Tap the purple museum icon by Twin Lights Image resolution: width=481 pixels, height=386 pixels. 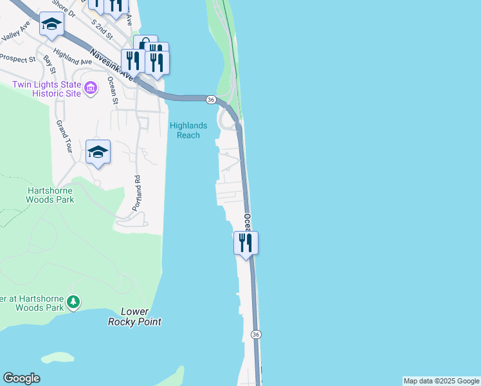pyautogui.click(x=91, y=87)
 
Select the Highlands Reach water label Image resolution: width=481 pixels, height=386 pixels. pyautogui.click(x=185, y=131)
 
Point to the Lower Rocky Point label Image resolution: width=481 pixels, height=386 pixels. pyautogui.click(x=134, y=317)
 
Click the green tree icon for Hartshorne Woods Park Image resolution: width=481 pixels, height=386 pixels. pyautogui.click(x=74, y=302)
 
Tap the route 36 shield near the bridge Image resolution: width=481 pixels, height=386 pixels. pyautogui.click(x=210, y=100)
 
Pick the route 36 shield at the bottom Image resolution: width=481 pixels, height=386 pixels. pyautogui.click(x=256, y=335)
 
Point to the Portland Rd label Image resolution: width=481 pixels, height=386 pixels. pyautogui.click(x=136, y=192)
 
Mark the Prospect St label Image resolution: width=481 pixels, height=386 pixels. pyautogui.click(x=18, y=59)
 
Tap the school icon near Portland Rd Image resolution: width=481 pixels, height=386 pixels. pyautogui.click(x=98, y=152)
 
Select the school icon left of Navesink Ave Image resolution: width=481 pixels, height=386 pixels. pyautogui.click(x=51, y=24)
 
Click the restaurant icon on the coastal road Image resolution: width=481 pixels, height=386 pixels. pyautogui.click(x=246, y=243)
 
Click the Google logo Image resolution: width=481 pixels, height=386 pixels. pyautogui.click(x=21, y=378)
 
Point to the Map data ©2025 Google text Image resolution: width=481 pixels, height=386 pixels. pyautogui.click(x=441, y=381)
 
